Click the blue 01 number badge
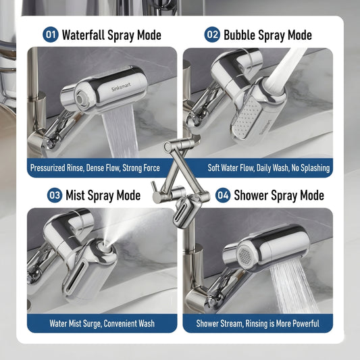pos(51,34)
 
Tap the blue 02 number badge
pos(212,34)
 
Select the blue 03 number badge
pos(55,195)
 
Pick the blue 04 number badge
pos(223,195)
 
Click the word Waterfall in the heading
pos(83,35)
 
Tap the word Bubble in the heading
pos(240,35)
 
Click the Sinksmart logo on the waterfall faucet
pos(121,86)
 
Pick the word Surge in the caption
pos(93,324)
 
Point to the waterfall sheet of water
pos(120,132)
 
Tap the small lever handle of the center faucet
pos(154,186)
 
